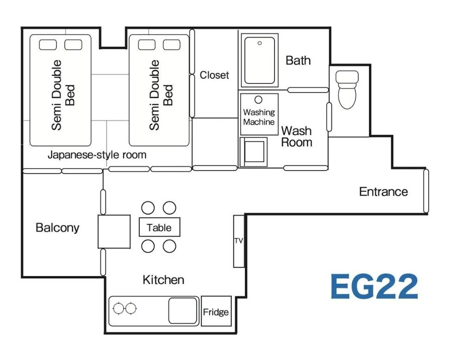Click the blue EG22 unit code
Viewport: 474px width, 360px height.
pyautogui.click(x=374, y=286)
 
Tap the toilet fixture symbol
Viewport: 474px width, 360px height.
pyautogui.click(x=347, y=89)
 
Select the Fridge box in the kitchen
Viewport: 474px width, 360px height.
pyautogui.click(x=216, y=311)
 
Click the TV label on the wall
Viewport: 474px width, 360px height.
pyautogui.click(x=238, y=241)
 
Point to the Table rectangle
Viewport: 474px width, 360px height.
pyautogui.click(x=160, y=227)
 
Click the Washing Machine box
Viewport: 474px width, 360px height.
pyautogui.click(x=259, y=114)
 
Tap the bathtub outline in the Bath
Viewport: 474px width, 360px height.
pyautogui.click(x=260, y=60)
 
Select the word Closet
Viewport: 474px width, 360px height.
pyautogui.click(x=214, y=75)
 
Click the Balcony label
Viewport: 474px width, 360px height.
pyautogui.click(x=57, y=228)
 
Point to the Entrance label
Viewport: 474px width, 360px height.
pyautogui.click(x=383, y=191)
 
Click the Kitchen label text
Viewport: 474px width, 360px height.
pyautogui.click(x=163, y=280)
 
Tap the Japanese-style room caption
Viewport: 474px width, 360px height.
pyautogui.click(x=97, y=155)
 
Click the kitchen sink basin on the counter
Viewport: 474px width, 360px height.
pyautogui.click(x=182, y=311)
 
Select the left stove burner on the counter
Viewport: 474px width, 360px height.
pyautogui.click(x=118, y=309)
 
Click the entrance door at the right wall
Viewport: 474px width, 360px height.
pyautogui.click(x=426, y=191)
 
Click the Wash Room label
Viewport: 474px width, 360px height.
pyautogui.click(x=296, y=136)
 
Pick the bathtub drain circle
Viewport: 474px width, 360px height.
pyautogui.click(x=260, y=43)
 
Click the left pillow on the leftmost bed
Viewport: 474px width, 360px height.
pyautogui.click(x=48, y=45)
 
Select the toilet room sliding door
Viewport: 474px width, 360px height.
pyautogui.click(x=329, y=117)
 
